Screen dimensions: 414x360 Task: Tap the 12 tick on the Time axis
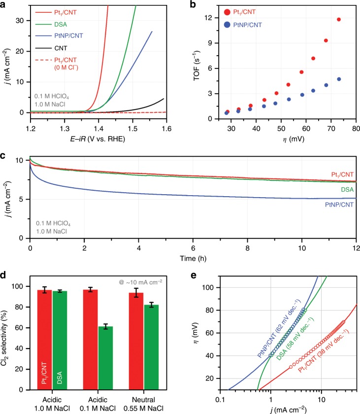(353, 247)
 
